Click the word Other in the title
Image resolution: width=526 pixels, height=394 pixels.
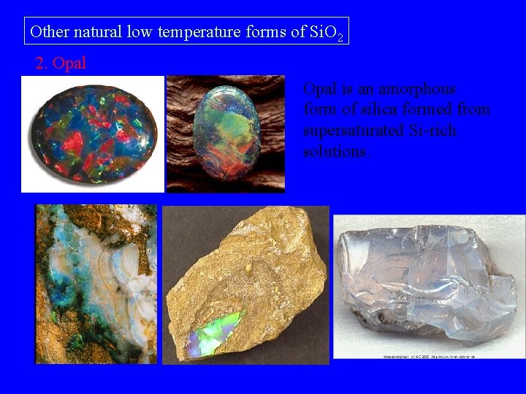48,32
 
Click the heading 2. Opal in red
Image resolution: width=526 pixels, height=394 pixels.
61,63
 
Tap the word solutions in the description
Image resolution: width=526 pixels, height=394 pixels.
337,152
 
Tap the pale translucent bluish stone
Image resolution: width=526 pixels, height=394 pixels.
427,282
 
